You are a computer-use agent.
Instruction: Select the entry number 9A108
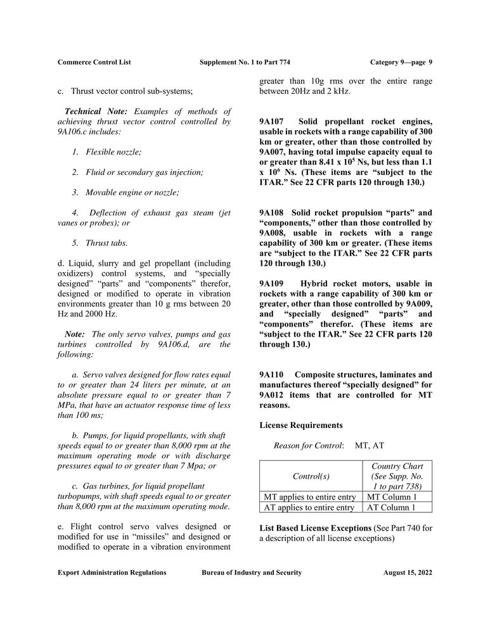coord(273,212)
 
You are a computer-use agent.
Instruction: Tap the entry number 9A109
coord(273,283)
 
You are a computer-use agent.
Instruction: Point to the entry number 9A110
coord(273,375)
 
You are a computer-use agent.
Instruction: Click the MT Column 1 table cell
coord(392,497)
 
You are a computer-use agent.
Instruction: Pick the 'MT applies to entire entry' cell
coord(309,497)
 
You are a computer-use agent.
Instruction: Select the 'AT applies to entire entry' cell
coord(309,507)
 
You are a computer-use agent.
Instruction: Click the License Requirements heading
coord(301,425)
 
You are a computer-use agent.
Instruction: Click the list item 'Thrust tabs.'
coord(106,242)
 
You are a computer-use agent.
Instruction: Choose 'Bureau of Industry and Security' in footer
coord(252,573)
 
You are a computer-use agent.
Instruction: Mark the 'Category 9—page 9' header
coord(401,62)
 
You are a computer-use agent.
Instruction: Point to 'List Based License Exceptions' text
coord(315,527)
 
